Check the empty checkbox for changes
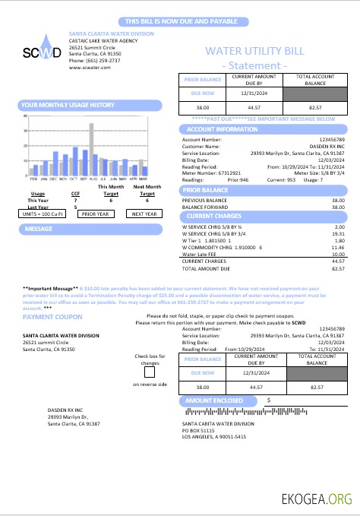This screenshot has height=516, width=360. pyautogui.click(x=150, y=372)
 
